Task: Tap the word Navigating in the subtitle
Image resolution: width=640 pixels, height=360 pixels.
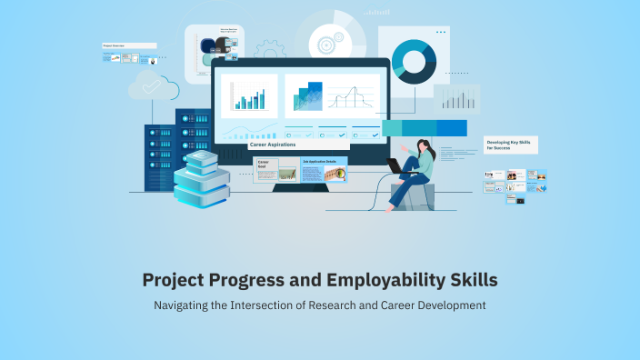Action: pos(186,305)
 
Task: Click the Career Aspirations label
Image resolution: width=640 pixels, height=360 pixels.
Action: pos(272,145)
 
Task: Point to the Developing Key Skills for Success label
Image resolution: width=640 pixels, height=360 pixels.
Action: pos(512,145)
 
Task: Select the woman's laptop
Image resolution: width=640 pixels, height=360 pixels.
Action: pos(396,166)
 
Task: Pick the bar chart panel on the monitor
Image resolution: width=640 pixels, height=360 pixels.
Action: pos(248,96)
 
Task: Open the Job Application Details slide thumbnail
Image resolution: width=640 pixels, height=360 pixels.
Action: pos(324,170)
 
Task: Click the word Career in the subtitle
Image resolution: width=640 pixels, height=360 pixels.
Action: pos(414,305)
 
